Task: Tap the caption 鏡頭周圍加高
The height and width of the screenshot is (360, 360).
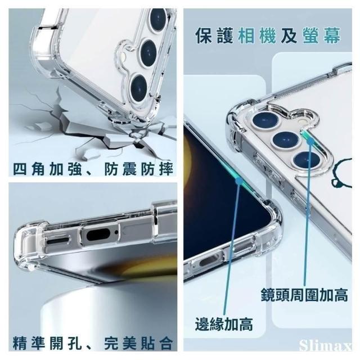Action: click(x=304, y=295)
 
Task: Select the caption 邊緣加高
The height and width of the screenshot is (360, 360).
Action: click(x=224, y=324)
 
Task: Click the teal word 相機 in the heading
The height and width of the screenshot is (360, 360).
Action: click(x=257, y=35)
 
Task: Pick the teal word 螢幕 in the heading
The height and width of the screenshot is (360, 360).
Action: click(x=322, y=35)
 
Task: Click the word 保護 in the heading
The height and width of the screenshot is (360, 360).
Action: click(x=214, y=35)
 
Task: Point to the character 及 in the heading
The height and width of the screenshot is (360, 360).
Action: click(x=289, y=35)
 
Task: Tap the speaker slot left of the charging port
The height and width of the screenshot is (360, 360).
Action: click(x=57, y=241)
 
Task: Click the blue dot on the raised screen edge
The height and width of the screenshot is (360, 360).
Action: click(x=239, y=181)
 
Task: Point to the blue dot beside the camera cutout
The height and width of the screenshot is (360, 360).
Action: click(x=311, y=141)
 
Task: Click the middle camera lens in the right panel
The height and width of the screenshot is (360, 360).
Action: click(x=285, y=140)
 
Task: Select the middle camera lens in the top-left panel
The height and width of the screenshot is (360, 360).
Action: click(x=148, y=53)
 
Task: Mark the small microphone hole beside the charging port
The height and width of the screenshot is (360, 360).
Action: click(x=116, y=232)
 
